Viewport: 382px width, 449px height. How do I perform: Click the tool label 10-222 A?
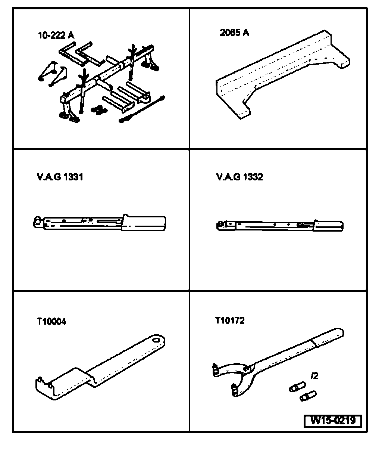(x=56, y=36)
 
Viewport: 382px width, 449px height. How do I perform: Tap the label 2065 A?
(x=235, y=33)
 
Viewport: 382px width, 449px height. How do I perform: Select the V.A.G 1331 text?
(x=60, y=177)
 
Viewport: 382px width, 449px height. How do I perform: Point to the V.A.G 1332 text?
(x=239, y=177)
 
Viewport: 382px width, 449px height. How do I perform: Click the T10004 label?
(x=52, y=321)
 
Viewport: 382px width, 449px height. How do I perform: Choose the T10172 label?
(x=230, y=320)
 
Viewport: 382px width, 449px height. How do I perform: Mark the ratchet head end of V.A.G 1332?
(x=221, y=225)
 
